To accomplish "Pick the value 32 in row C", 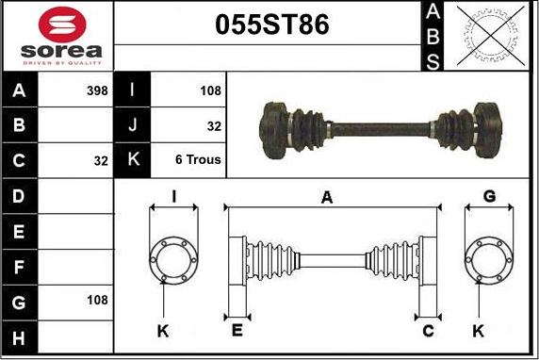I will pos(101,161).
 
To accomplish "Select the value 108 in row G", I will pos(97,300).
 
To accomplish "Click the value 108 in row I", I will pos(210,91).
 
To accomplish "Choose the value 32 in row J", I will pos(214,125).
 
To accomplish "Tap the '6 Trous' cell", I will pos(198,160).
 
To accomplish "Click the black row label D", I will pos(18,196).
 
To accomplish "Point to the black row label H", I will pos(18,336).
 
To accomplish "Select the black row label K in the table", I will pos(132,160).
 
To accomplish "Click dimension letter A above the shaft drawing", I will pos(327,197).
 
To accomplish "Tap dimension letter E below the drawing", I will pos(237,330).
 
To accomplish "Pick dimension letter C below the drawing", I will pos(428,330).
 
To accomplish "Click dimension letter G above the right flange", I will pos(489,196).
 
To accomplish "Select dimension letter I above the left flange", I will pos(173,196).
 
